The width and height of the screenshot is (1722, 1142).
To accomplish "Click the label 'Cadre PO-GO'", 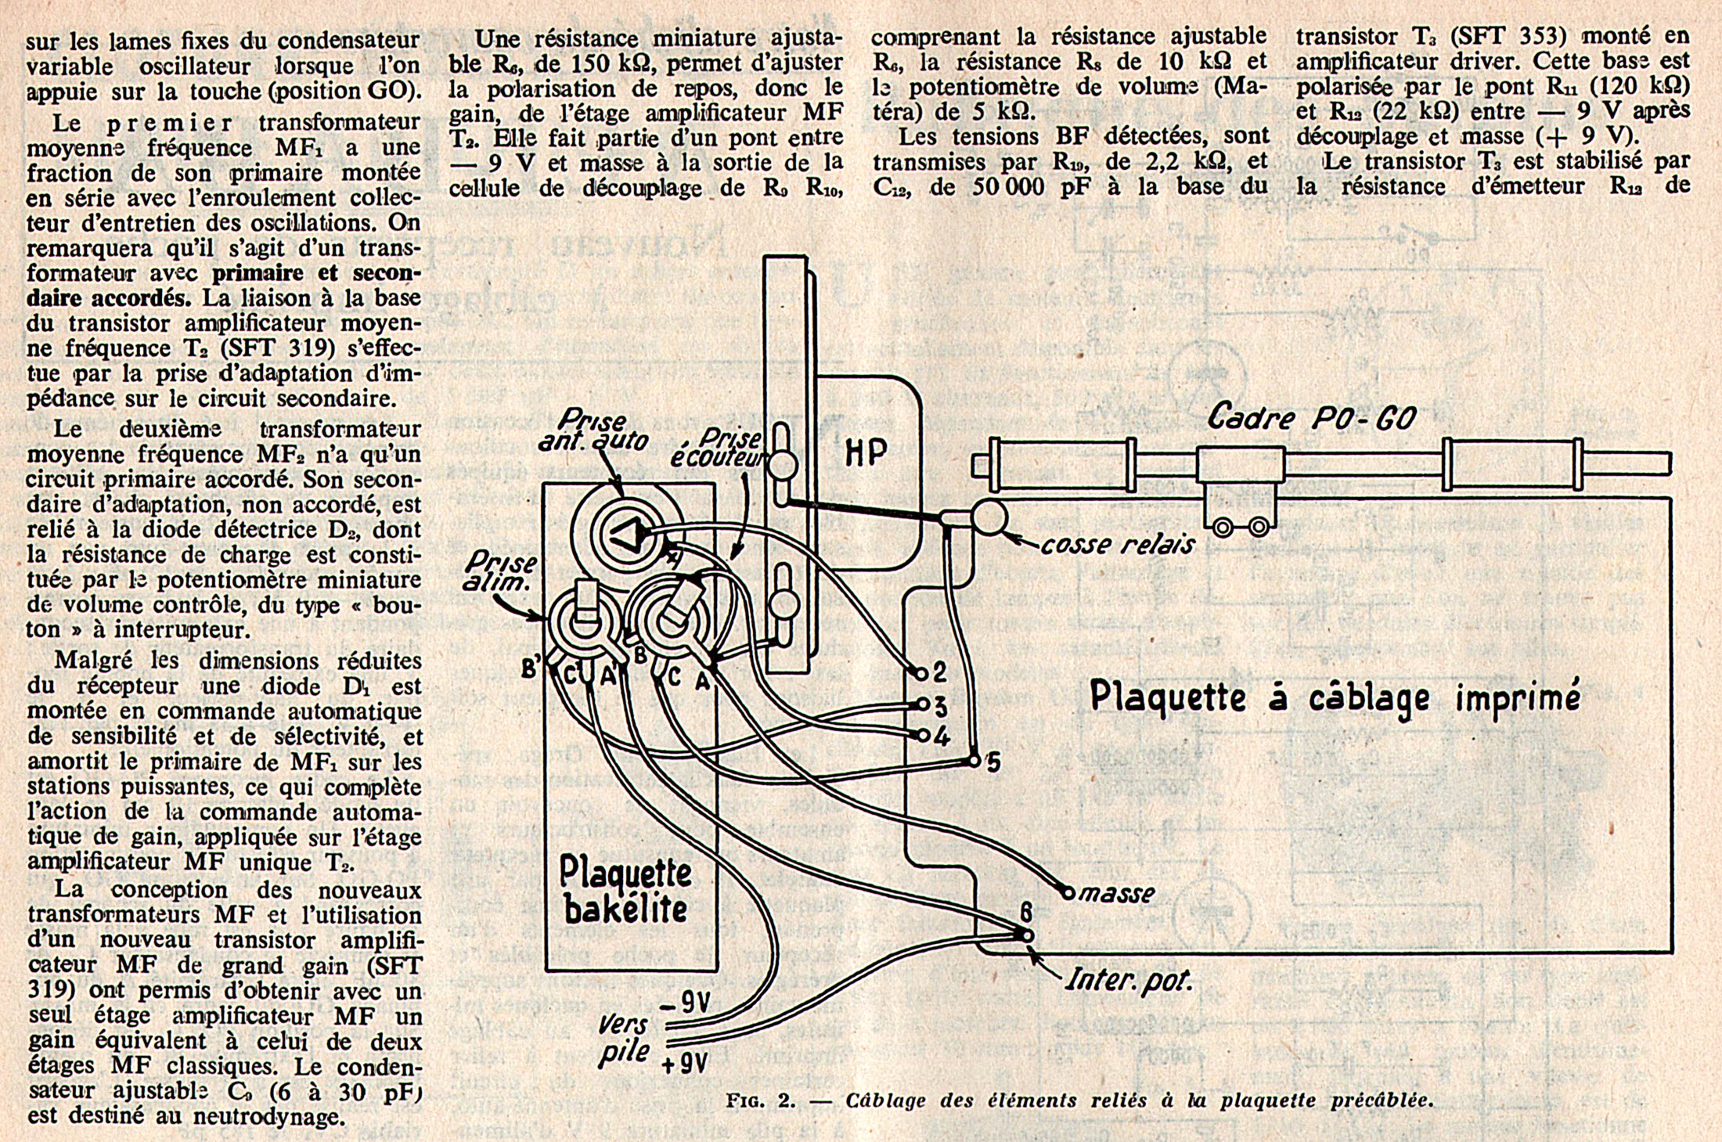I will pos(1311,418).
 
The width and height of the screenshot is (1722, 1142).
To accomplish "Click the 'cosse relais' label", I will pos(1117,544).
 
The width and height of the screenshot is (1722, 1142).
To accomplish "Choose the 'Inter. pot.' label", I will pos(1129,980).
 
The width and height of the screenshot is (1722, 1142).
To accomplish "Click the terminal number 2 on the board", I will pos(938,671).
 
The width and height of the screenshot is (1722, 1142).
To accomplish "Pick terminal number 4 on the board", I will pos(941,737).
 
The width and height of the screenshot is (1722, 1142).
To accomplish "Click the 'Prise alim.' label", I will pos(501,571).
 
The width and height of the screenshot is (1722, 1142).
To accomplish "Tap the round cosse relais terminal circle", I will pos(989,517).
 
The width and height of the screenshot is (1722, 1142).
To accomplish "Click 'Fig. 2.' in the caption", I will pos(760,1101).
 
